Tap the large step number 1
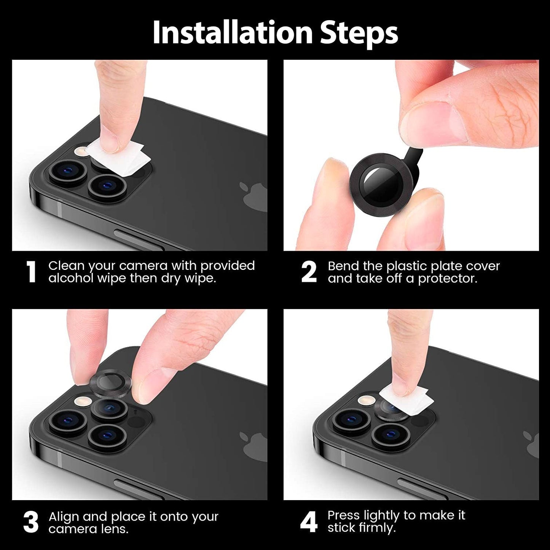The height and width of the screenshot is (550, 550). click(x=31, y=272)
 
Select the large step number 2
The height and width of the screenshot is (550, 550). click(x=309, y=272)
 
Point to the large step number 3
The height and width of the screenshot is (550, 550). click(x=31, y=522)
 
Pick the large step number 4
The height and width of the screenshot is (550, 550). click(x=309, y=522)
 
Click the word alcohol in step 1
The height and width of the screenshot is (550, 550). click(x=71, y=278)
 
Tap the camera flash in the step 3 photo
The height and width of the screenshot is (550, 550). click(x=83, y=401)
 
